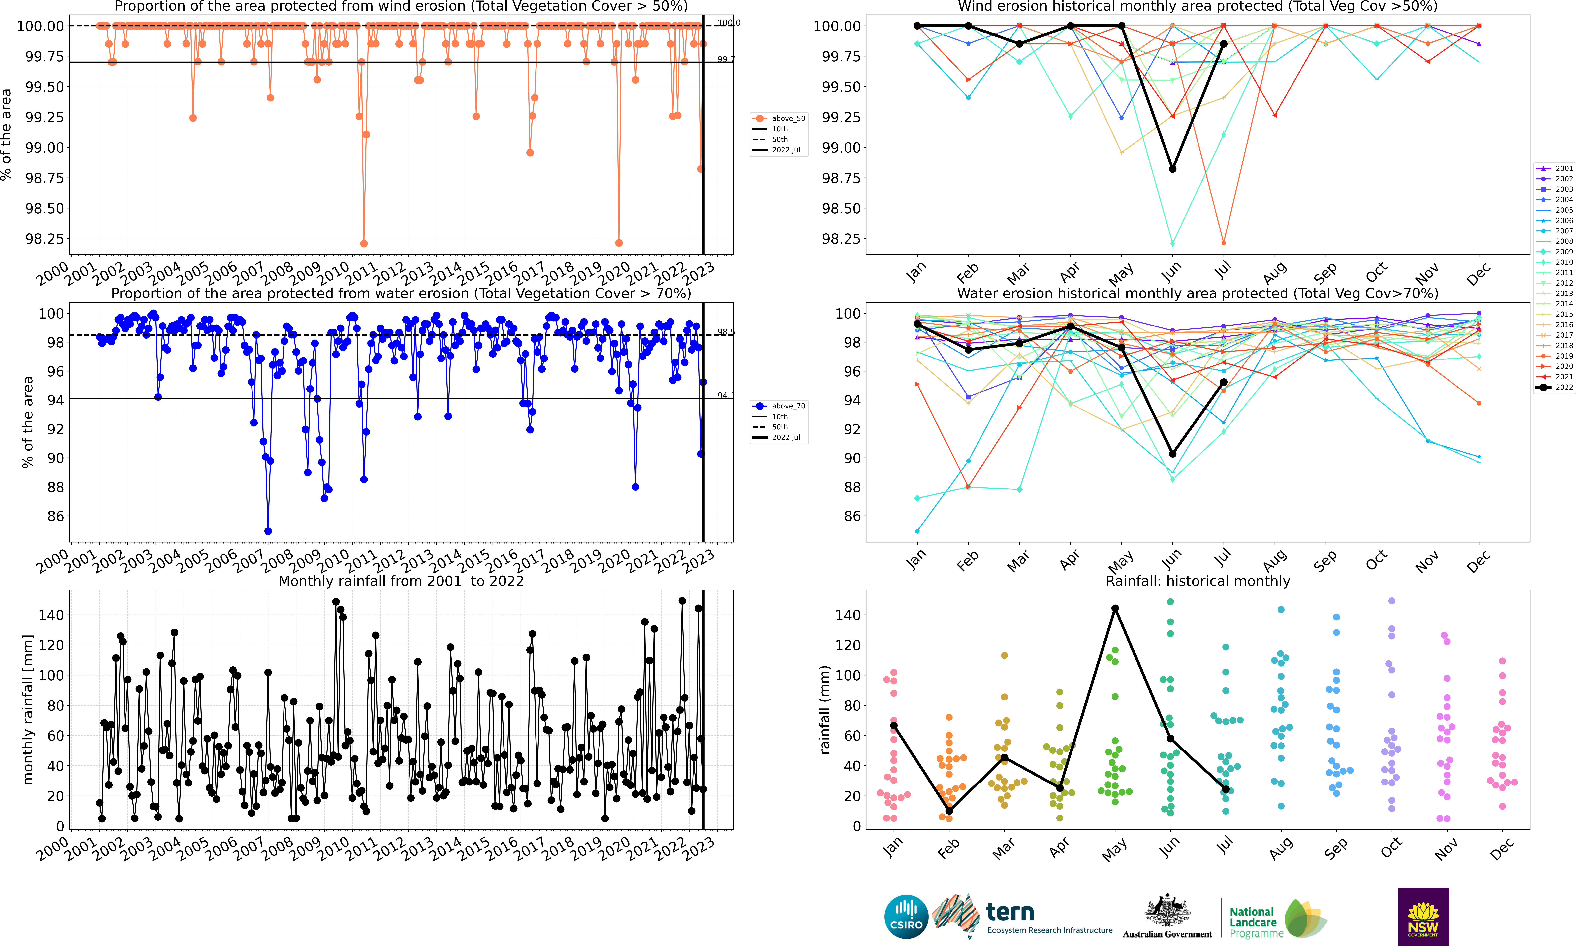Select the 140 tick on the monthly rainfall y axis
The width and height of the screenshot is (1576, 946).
[51, 615]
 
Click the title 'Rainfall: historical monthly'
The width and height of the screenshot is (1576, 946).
[1198, 581]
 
